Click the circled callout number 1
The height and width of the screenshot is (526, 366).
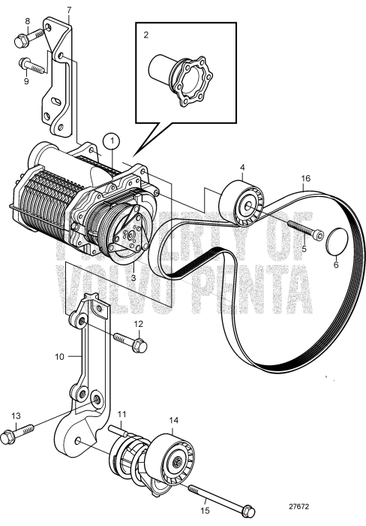(x=111, y=140)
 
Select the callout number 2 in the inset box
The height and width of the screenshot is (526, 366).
(x=147, y=35)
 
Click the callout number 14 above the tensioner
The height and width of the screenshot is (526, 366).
(x=175, y=421)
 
